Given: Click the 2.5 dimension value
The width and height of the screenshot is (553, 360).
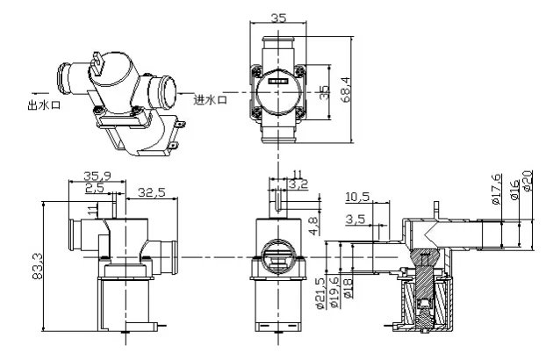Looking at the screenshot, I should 94,188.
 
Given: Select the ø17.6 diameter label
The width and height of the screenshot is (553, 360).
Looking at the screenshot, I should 498,190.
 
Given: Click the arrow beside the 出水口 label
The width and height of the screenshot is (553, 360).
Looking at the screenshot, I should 37,90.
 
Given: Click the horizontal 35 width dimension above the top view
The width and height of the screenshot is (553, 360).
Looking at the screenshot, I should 278,17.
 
